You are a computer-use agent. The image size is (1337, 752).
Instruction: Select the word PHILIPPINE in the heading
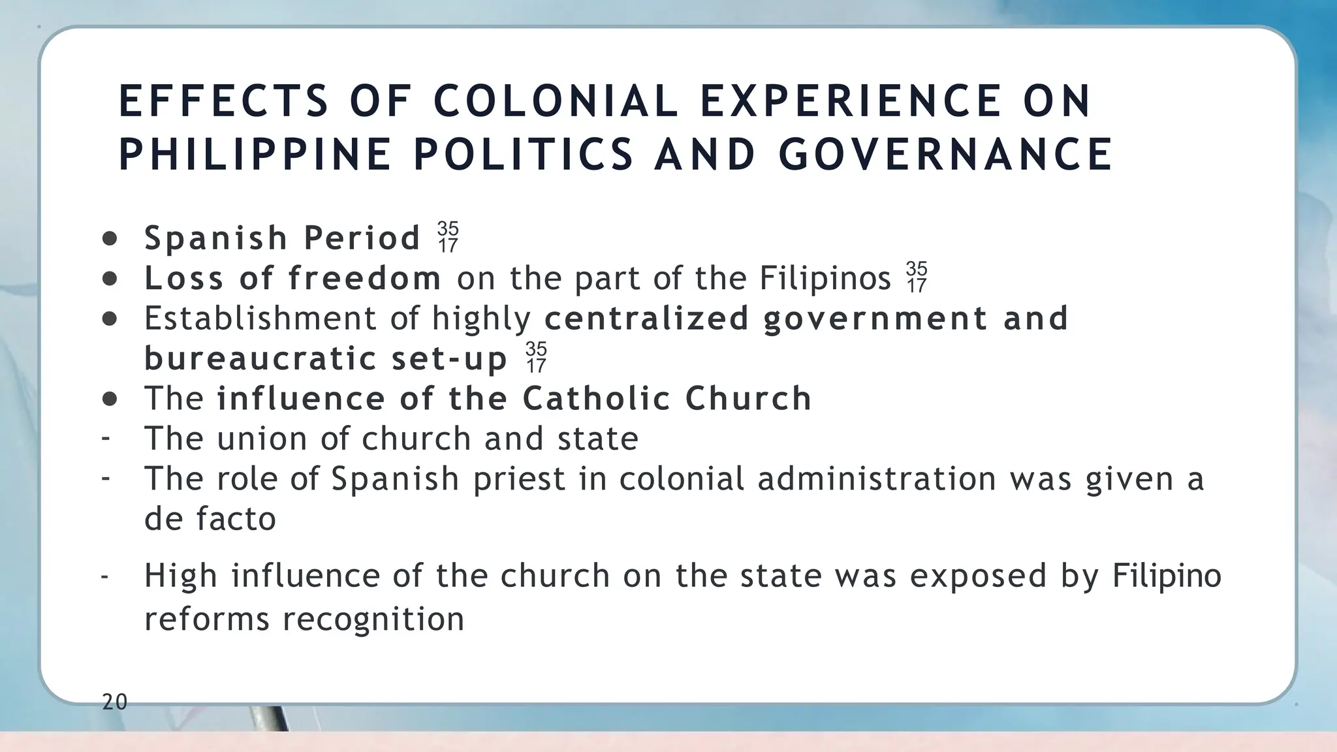coord(255,155)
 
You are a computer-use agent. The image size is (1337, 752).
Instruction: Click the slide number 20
coord(115,702)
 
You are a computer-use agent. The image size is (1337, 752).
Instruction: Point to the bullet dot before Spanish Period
coord(110,239)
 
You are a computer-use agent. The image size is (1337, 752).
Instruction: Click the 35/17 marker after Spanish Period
coord(448,237)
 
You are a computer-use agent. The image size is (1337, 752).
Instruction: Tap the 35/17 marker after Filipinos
coord(917,277)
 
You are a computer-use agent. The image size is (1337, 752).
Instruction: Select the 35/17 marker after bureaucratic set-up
coord(536,357)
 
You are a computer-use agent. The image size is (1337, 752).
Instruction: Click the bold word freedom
coord(365,278)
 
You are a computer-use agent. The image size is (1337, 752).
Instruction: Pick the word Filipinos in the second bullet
coord(825,278)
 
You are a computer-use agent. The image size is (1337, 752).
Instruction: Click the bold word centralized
coord(646,318)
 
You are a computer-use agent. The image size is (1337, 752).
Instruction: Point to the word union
coord(262,438)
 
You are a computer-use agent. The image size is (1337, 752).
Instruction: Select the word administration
coord(876,478)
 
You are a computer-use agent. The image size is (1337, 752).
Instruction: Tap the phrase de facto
coord(210,519)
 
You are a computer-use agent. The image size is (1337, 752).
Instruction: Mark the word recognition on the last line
coord(373,619)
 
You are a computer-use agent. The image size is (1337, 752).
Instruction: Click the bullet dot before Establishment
coord(110,319)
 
